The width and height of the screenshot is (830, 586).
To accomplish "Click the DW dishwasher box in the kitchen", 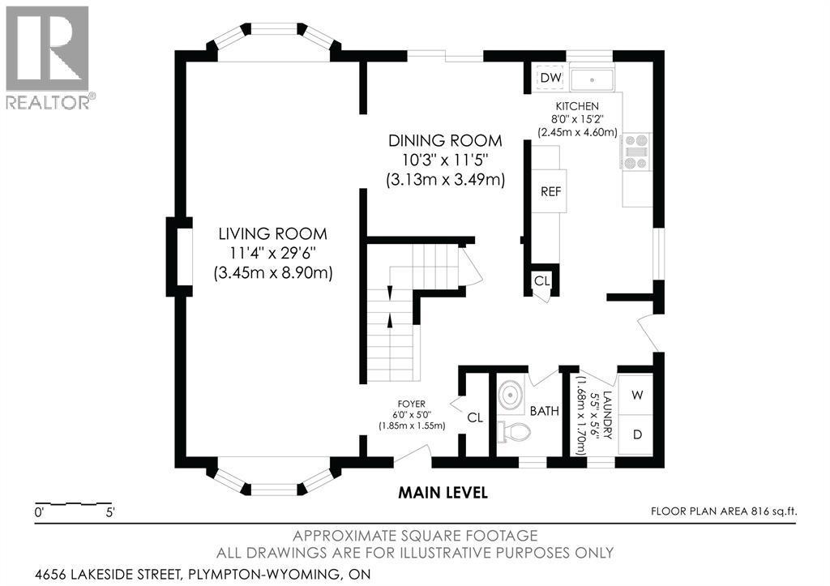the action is [x=550, y=78].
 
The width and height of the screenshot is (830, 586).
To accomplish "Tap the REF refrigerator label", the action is [x=550, y=191].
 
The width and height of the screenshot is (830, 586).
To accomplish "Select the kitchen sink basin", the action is [x=592, y=79].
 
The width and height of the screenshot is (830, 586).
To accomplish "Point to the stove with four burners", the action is [x=635, y=152].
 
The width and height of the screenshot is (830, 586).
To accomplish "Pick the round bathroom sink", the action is [x=511, y=395].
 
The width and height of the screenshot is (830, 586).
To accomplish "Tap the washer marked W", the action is [x=637, y=395].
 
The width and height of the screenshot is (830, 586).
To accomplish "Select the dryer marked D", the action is [x=637, y=434].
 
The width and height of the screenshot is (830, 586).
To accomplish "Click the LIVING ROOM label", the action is [x=273, y=233].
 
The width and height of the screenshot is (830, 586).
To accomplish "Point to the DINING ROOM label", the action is [x=445, y=140].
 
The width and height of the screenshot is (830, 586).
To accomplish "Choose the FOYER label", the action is [x=413, y=404].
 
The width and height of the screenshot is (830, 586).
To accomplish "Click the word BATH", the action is [x=544, y=411].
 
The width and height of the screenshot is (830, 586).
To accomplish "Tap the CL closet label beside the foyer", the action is [x=475, y=417].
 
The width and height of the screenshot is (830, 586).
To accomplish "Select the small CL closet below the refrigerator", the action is [x=541, y=281].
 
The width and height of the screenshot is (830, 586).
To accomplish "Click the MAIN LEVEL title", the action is [x=443, y=493].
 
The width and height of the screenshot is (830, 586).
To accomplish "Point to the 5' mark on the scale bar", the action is [x=110, y=512].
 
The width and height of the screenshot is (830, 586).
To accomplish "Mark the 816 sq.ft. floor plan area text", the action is [x=772, y=511].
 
